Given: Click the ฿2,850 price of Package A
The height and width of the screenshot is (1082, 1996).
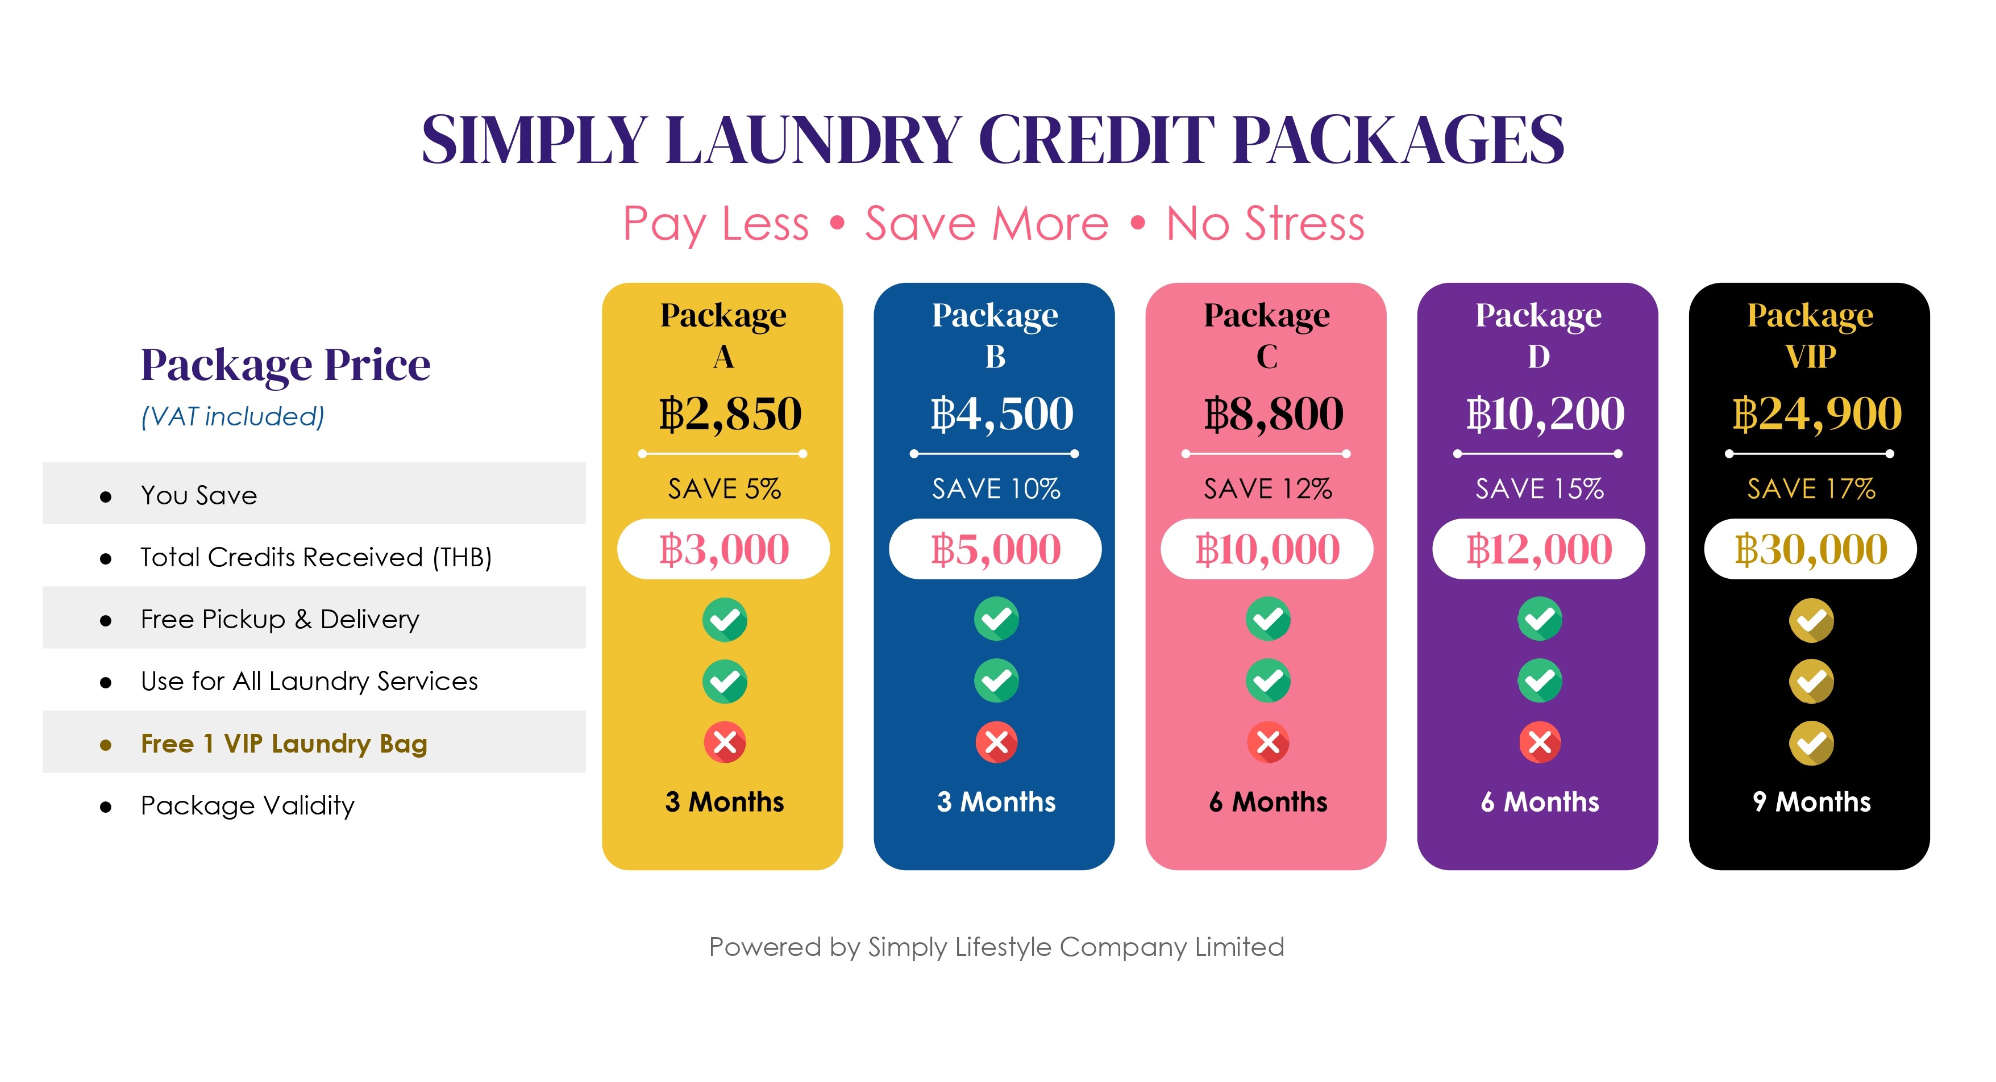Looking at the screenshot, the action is click(730, 413).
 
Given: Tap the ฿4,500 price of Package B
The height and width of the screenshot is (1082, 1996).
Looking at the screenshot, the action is click(1002, 413).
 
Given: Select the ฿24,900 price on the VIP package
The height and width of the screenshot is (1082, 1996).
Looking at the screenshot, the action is click(1817, 413).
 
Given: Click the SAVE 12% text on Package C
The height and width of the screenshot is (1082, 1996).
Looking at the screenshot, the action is click(1267, 488).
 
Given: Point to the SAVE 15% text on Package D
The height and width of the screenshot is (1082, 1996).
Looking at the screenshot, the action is click(1540, 488).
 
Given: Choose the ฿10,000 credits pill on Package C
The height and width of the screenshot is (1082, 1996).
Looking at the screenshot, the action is click(1267, 549).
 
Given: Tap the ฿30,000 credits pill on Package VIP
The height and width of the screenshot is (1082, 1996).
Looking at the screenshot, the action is click(1811, 549).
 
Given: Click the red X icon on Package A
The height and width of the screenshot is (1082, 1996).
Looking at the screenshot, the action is click(725, 743).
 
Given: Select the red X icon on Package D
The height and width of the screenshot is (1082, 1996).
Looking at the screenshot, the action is click(1540, 743).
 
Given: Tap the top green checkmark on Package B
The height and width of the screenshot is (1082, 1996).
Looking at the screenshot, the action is click(996, 619).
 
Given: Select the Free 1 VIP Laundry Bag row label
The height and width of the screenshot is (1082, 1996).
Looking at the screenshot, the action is click(284, 743).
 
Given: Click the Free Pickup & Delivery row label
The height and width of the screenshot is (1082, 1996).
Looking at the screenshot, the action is click(280, 620).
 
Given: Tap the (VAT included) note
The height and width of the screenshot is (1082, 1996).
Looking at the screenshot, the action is click(232, 417).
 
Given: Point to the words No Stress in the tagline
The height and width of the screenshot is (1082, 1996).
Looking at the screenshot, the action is click(1265, 224).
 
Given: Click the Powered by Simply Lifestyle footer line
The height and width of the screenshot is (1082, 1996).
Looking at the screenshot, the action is click(996, 947).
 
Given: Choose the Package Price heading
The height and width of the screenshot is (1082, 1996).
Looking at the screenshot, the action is click(285, 365).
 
